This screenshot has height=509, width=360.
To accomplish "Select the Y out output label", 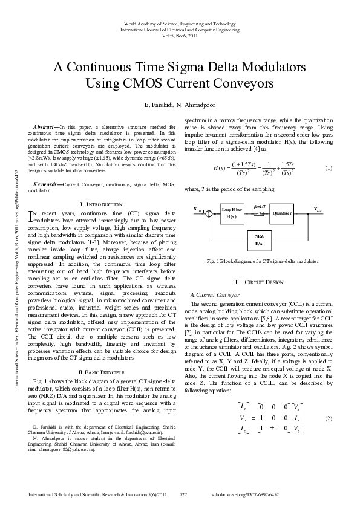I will pos(318,210).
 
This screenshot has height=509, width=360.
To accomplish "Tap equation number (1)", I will pos(329,167).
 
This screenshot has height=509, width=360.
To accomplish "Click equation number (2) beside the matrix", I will pos(329,418).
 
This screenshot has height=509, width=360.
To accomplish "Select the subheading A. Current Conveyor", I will pos(208,293).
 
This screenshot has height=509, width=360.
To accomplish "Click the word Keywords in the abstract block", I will pos(46,183).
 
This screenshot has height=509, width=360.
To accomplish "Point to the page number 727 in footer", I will pos(184,494).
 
